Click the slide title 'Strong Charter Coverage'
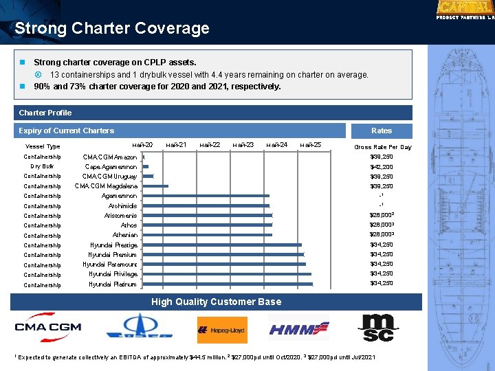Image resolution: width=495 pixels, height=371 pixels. coord(112,29)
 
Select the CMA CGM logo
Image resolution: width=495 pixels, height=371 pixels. coord(48,328)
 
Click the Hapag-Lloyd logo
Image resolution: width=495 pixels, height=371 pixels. coord(222,330)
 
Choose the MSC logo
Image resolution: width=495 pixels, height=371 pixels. coord(379,328)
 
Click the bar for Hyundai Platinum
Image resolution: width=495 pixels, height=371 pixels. coord(227,284)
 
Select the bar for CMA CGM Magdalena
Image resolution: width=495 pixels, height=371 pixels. coord(155,186)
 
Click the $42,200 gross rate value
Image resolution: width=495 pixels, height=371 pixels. coord(382,167)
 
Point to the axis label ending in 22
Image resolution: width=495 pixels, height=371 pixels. coord(210,144)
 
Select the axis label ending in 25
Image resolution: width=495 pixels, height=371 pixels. coord(311,144)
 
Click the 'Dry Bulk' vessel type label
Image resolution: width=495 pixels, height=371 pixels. coord(43,166)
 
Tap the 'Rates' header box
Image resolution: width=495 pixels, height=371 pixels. coord(382,131)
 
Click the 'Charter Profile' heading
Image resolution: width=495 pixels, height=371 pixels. coord(45,113)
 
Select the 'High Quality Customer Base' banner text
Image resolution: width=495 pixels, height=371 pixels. coord(216,302)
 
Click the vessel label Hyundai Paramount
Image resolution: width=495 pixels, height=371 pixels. coord(110,265)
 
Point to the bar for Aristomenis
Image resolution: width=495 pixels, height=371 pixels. coord(207,216)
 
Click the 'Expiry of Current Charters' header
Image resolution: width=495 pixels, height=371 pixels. coord(67,131)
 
